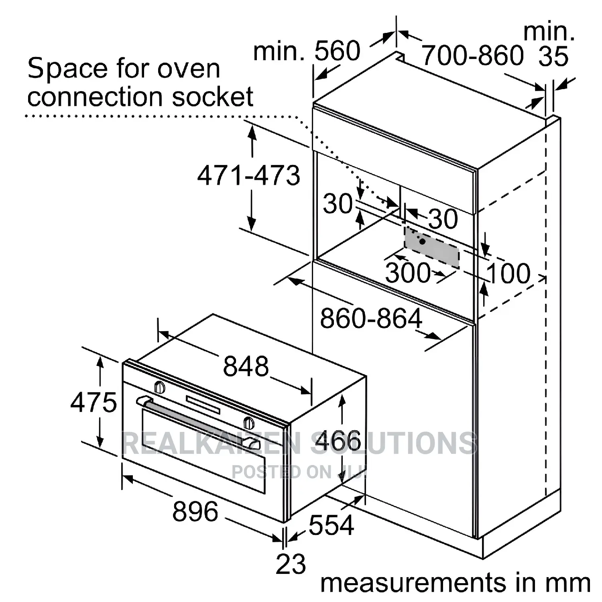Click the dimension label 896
[195, 511]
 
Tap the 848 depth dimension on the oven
[246, 366]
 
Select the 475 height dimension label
[94, 402]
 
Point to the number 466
[338, 440]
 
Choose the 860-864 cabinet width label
[371, 319]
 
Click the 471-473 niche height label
[248, 175]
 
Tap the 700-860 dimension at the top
[473, 55]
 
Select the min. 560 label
[307, 51]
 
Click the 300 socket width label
[408, 273]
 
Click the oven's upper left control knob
[160, 387]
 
